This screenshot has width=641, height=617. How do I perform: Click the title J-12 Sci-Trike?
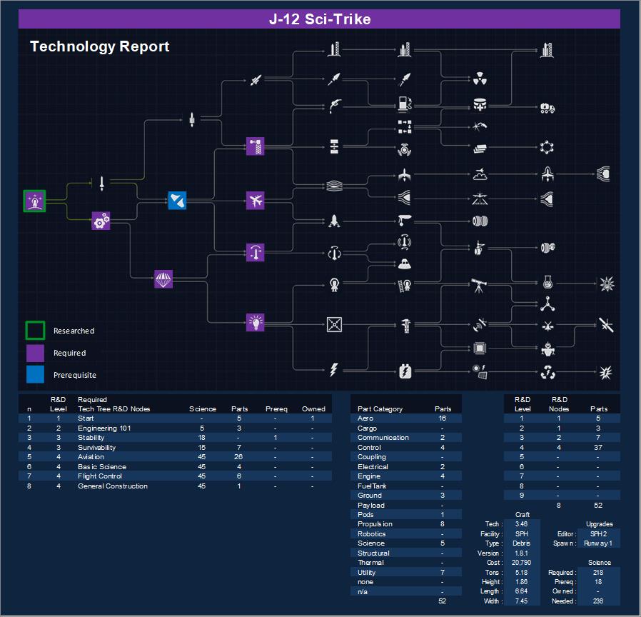tap(320, 19)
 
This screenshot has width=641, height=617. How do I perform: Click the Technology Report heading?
tap(99, 46)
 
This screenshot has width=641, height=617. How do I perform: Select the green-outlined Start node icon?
tap(34, 201)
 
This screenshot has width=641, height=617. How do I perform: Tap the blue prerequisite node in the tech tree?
tap(177, 201)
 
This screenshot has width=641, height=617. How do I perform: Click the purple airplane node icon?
tap(255, 201)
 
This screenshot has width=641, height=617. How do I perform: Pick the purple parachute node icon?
tap(163, 279)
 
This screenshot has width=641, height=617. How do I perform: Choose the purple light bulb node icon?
tap(255, 323)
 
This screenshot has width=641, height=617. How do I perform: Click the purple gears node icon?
tap(101, 221)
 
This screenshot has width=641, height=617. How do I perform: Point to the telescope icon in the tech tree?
tap(479, 286)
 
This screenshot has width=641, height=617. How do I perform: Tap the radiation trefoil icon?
tap(480, 79)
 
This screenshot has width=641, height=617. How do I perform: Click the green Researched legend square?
tap(35, 331)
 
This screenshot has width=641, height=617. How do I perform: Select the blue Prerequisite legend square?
tap(35, 374)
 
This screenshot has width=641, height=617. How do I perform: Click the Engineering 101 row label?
tap(104, 428)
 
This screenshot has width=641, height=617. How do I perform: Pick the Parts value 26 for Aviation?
tap(238, 457)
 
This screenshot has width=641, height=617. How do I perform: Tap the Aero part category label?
tap(365, 418)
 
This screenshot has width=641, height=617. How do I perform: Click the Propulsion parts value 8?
tap(443, 523)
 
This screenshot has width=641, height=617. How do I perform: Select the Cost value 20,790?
tap(521, 563)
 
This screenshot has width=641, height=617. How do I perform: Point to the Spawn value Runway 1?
tap(598, 543)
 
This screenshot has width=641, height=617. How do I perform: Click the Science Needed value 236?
tap(598, 601)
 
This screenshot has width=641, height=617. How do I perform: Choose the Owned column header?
tap(313, 409)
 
